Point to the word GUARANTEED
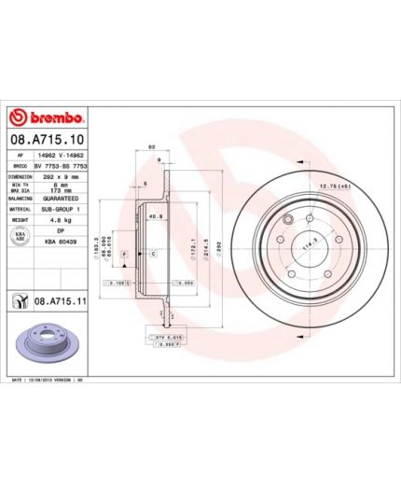61,199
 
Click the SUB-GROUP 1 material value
61,210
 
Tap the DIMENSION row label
21,174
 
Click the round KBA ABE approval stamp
20,236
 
